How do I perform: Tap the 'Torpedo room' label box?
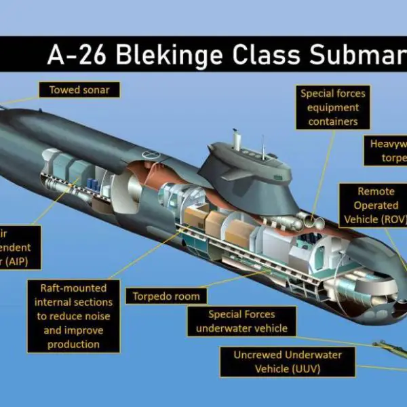coord(166,296)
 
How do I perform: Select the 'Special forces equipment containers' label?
coord(333,107)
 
